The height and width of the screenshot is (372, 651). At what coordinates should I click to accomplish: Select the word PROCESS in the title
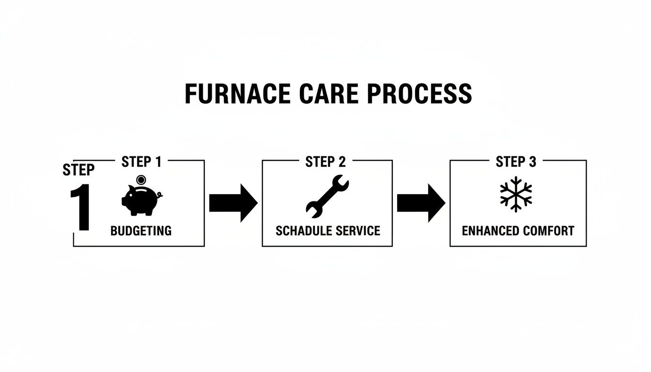tap(419, 94)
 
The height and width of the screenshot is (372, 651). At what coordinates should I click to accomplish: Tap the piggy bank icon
tap(140, 199)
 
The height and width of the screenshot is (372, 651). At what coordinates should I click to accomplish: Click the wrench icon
tap(327, 196)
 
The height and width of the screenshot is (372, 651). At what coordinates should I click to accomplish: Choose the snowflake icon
tap(516, 194)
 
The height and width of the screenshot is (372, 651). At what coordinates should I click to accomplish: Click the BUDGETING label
tap(141, 231)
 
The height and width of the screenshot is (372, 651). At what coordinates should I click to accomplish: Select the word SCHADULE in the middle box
tap(300, 231)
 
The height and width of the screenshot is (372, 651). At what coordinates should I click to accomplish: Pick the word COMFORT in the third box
tap(547, 231)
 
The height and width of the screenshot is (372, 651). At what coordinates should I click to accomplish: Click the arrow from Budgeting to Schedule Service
tap(233, 203)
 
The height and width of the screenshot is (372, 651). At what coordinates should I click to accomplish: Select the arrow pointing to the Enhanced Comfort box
tap(420, 203)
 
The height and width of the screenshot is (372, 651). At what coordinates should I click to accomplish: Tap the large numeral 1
tap(81, 207)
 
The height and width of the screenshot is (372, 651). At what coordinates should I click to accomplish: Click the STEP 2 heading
tap(325, 162)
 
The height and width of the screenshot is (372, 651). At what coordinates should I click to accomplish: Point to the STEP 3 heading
tap(516, 162)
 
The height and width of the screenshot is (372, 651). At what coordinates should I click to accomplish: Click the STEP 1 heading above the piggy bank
tap(141, 162)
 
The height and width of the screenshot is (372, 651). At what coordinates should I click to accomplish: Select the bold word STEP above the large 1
tap(78, 170)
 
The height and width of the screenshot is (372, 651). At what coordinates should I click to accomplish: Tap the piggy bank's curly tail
tap(160, 195)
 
